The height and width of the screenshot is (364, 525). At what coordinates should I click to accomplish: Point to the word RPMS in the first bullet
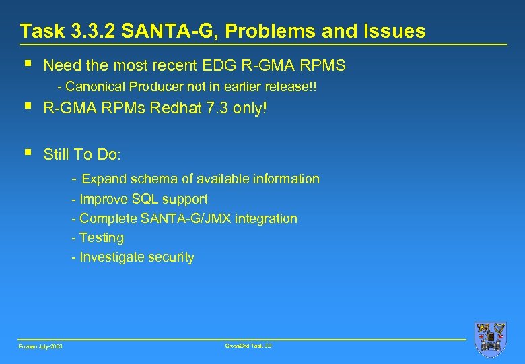[x=322, y=65]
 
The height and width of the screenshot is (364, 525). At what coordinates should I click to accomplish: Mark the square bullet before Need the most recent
[x=27, y=64]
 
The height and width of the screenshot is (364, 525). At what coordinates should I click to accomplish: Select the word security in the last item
[x=171, y=257]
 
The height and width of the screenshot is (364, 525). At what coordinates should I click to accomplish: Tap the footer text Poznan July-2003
[x=40, y=346]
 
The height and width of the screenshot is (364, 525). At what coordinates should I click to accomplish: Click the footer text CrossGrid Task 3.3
[x=249, y=345]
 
